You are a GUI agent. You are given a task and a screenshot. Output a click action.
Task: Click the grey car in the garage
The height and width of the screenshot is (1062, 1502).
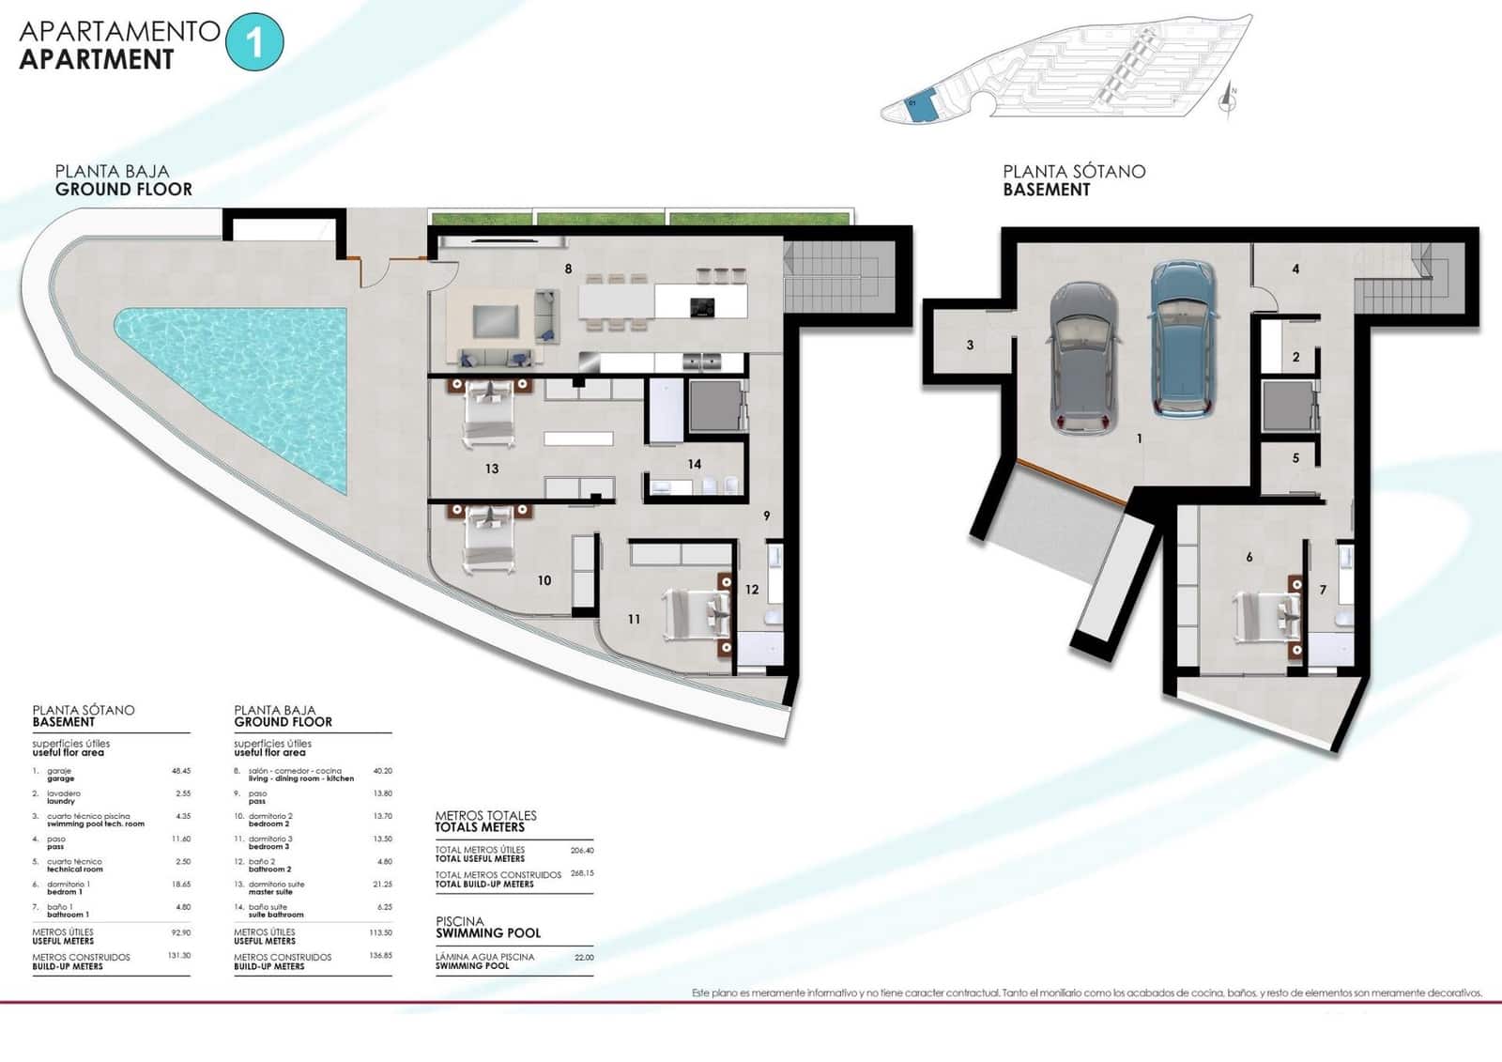coord(1083,357)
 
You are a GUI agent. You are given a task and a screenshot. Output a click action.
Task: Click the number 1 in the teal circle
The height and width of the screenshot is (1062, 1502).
coord(254,42)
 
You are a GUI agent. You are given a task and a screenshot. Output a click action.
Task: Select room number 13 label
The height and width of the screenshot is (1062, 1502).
coord(492,469)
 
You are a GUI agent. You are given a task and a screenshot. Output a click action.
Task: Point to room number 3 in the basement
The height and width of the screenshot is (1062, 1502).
coord(970,346)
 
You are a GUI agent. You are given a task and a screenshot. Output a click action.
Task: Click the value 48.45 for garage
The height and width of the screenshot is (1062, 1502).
coord(181,771)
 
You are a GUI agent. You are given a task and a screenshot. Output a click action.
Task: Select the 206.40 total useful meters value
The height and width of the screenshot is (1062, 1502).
coord(582,851)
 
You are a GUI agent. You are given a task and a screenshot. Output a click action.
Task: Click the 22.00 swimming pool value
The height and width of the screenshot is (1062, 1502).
coord(584,958)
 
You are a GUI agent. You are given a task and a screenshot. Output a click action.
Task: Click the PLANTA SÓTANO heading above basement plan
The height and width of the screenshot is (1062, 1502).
coord(1074,171)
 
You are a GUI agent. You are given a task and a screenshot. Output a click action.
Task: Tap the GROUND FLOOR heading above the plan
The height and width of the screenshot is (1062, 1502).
coord(123,189)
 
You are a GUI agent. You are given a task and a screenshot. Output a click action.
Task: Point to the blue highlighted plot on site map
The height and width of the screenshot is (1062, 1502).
coord(921,107)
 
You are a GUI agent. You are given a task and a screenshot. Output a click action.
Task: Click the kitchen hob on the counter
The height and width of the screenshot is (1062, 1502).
coord(702,307)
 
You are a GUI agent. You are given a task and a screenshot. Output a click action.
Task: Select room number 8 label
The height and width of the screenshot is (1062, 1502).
coord(568,269)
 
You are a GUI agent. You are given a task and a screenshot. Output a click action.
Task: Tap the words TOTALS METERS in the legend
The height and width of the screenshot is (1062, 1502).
coord(479,827)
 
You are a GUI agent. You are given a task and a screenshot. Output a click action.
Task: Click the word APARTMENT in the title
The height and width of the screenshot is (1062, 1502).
coord(97,59)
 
